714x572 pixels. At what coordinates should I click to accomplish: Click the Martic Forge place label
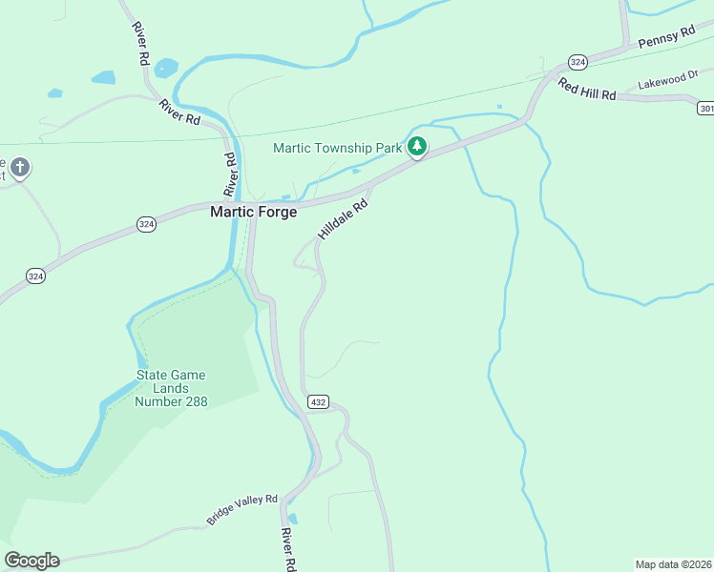coord(253,212)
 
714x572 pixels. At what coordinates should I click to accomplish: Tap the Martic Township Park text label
coord(338,148)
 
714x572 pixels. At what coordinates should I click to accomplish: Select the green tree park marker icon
coord(416,147)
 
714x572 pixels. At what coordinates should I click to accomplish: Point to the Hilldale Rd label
coord(343,219)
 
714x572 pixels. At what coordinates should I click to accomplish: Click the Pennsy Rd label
coord(666,37)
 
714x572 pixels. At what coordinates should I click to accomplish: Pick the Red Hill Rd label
coord(587,88)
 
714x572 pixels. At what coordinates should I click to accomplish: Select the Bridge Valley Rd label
coord(241,510)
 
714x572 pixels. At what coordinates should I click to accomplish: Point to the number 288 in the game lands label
coord(187,401)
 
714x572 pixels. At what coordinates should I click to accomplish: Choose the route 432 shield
coord(318,402)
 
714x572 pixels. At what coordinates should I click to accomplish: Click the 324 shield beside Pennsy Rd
coord(577,60)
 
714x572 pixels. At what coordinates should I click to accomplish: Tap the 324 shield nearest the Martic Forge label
coord(145,223)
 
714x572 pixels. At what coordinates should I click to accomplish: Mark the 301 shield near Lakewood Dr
coord(705,104)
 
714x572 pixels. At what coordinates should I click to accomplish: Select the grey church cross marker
coord(19,170)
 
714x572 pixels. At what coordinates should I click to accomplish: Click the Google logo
coord(31,561)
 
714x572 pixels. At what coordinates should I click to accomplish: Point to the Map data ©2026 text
coord(673,563)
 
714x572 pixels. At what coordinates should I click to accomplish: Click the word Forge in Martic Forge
coord(276,212)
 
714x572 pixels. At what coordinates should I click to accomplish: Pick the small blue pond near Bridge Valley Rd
coord(292,520)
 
